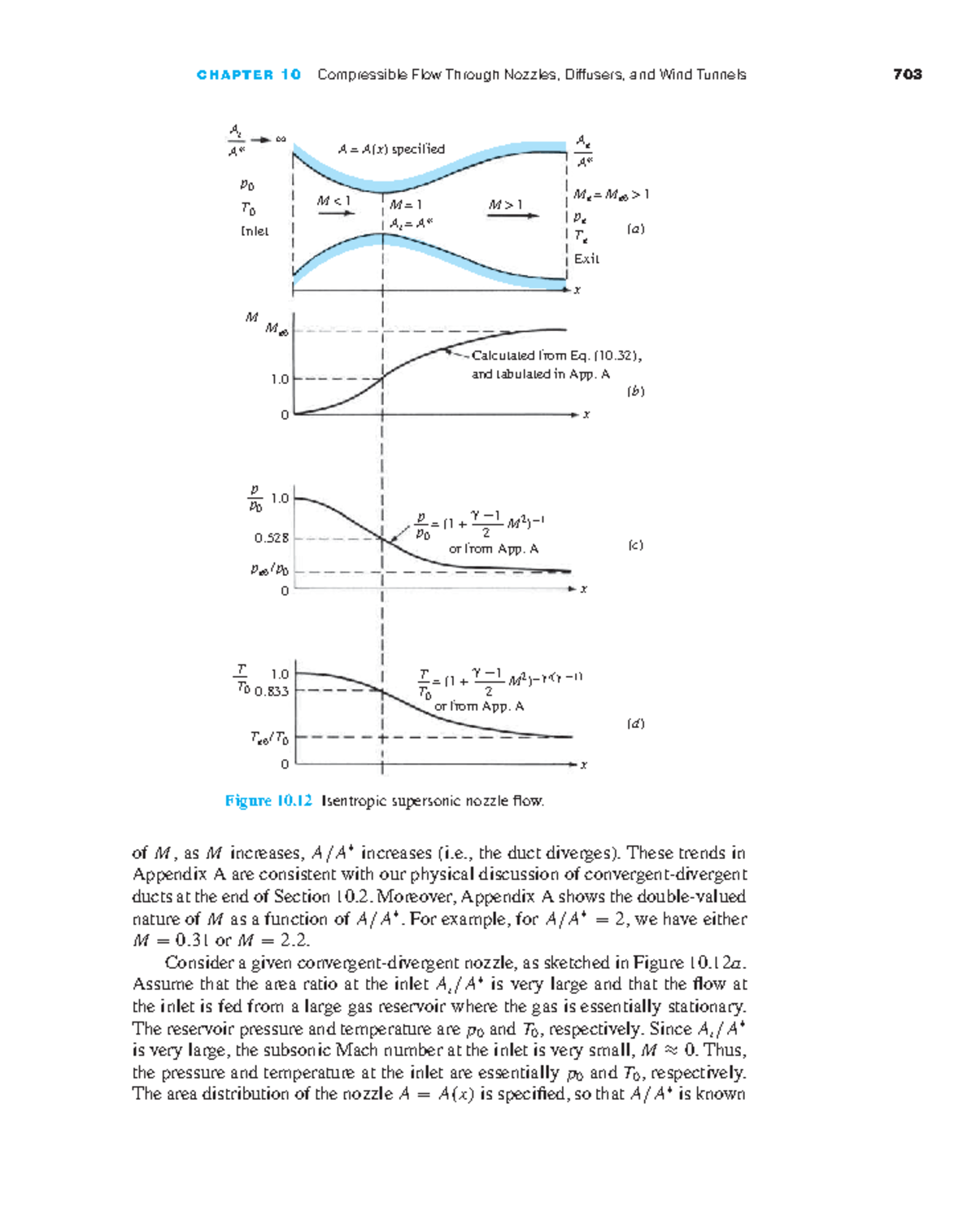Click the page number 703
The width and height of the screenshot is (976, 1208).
[x=907, y=75]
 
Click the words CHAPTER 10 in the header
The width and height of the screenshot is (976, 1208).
[x=249, y=75]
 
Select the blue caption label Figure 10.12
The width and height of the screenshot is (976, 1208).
[x=268, y=800]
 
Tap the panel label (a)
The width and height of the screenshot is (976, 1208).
[x=635, y=229]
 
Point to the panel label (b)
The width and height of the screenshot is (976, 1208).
[x=635, y=391]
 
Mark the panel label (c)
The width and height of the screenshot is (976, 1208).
[x=635, y=545]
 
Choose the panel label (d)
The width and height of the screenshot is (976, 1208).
[x=635, y=723]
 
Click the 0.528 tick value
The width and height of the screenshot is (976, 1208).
[x=272, y=538]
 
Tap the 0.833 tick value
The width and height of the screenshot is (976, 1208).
[x=272, y=691]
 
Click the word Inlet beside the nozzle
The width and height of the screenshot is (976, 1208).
[x=255, y=231]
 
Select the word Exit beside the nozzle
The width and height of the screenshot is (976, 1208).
[x=586, y=259]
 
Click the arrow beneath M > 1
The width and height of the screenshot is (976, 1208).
[x=513, y=216]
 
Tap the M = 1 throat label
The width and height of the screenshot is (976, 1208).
[x=406, y=205]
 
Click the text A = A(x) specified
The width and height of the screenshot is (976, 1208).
[x=391, y=149]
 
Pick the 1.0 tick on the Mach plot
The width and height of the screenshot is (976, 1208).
[x=280, y=379]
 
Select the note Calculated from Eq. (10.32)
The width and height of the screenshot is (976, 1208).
[x=556, y=355]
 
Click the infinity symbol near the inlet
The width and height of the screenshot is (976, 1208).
[x=281, y=139]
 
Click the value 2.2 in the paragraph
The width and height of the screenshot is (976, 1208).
[x=294, y=940]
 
